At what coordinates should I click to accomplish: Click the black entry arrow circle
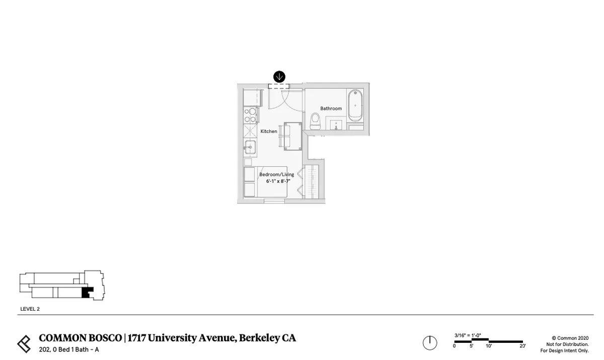coord(279,77)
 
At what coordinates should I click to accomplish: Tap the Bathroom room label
coord(331,108)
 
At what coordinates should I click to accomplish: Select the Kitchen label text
coord(269,131)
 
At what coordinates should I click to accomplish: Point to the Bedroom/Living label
coord(277,175)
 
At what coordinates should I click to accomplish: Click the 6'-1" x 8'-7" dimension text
coord(278,181)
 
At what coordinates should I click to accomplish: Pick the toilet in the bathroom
coord(315,121)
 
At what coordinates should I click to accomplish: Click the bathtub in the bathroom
coord(355,106)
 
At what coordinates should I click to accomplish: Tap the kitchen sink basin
coord(250,147)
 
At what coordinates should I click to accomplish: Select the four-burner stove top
coord(250,115)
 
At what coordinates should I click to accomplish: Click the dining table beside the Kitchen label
coord(293,136)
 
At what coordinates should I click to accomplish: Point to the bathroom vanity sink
coord(336,125)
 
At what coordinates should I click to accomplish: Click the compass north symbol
coord(430,343)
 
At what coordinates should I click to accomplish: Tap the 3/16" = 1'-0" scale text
coord(468,335)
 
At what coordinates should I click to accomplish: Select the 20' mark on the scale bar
coord(522,346)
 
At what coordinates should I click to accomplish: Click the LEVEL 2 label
coord(30,309)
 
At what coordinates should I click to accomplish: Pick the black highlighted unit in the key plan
coord(87,293)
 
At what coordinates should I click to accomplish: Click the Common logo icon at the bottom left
coord(24,344)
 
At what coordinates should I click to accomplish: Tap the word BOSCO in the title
coord(105,338)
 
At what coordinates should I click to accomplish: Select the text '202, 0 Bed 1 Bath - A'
coord(69,350)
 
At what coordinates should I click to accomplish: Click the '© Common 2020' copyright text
coord(570,338)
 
